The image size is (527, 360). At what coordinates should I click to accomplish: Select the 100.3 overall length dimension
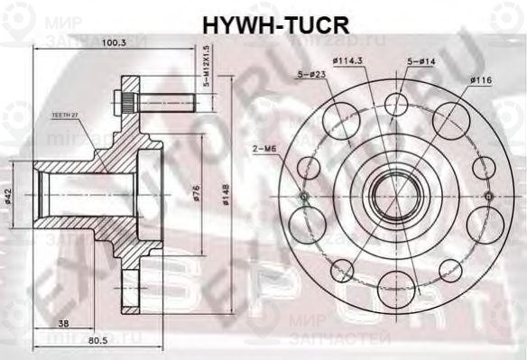pyautogui.click(x=115, y=42)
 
